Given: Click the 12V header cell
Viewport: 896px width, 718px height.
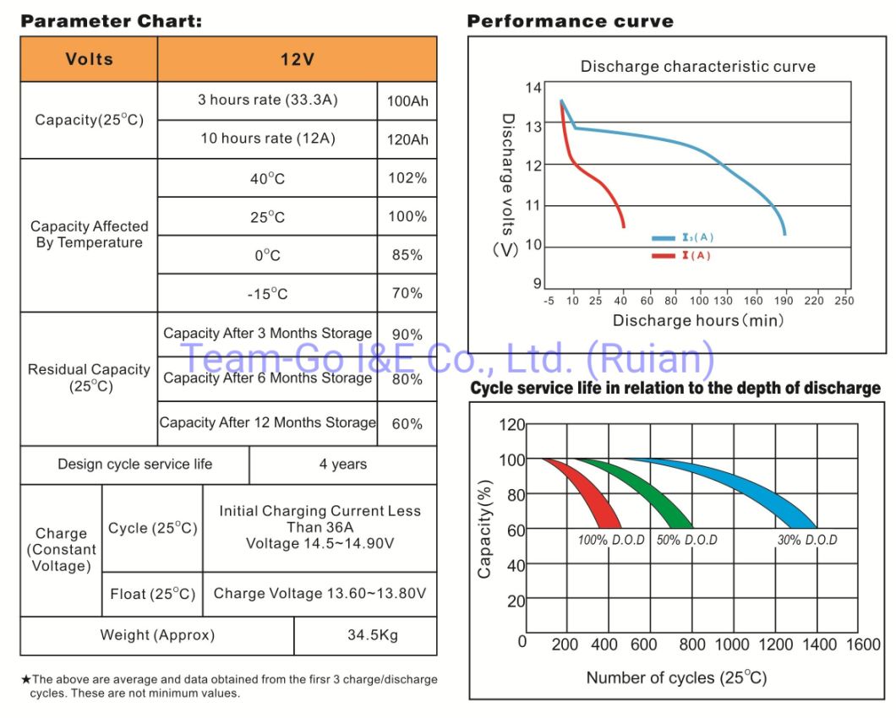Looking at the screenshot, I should click(297, 59).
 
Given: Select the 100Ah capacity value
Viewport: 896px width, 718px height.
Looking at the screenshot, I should click(407, 101).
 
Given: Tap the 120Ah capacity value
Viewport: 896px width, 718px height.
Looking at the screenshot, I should click(407, 139).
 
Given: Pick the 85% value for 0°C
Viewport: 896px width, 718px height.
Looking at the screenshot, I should click(407, 254).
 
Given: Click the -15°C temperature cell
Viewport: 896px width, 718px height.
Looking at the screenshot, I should click(267, 293).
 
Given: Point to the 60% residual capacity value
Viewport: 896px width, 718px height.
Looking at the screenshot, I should click(407, 423).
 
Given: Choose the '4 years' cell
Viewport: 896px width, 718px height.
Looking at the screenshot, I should click(343, 464).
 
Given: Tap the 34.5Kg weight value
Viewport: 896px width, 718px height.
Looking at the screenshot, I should click(365, 634).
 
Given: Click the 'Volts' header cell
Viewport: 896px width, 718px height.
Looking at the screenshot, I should click(89, 59).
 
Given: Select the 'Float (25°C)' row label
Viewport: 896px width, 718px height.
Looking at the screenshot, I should click(152, 594).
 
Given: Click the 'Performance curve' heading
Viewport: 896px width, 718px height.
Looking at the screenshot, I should click(571, 21).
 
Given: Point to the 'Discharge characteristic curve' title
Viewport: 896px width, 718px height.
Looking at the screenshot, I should click(697, 67).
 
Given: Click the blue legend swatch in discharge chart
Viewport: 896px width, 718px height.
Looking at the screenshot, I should click(662, 239).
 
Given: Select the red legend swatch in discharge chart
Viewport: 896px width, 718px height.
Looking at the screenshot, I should click(662, 255).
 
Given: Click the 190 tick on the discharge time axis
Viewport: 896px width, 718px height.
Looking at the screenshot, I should click(785, 300).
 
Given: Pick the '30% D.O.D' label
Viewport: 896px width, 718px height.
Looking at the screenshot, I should click(807, 540).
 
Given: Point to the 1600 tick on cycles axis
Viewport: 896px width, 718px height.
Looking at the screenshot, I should click(863, 645).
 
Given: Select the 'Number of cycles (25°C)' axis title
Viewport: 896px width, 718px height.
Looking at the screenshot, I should click(676, 677).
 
